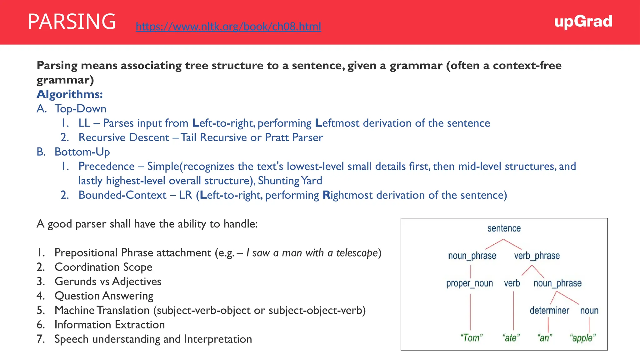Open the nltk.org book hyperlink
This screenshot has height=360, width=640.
point(228,27)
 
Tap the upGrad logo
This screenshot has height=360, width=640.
point(583,22)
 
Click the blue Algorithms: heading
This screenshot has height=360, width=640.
point(70,94)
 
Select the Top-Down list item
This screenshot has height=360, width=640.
point(80,108)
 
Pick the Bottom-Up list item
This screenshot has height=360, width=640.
point(82,152)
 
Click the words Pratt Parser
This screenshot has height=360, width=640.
point(294,137)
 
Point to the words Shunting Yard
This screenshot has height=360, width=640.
point(290,181)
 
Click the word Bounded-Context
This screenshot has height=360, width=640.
point(122,195)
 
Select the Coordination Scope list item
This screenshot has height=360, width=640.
point(103,267)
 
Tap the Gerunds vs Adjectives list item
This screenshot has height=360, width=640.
point(108,281)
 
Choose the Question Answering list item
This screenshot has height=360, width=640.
point(104,296)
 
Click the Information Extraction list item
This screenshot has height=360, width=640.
point(109,324)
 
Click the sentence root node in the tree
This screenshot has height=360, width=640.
point(504,228)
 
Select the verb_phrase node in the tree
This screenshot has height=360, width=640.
point(537,256)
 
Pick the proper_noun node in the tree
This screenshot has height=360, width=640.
point(469,283)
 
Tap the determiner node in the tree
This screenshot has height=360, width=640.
point(549,311)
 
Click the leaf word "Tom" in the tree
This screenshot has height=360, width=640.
point(471,338)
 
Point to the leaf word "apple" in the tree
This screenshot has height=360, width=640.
point(582,338)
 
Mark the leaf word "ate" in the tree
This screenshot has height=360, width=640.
point(511,338)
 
